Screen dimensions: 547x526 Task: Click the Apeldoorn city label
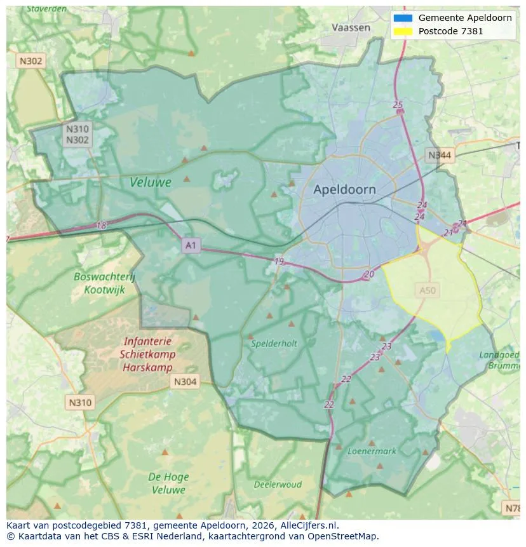click(x=344, y=189)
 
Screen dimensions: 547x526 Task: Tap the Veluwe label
click(x=151, y=182)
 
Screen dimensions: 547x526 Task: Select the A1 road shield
click(x=191, y=245)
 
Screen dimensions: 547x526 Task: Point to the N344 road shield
click(x=440, y=155)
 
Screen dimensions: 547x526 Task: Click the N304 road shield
click(x=185, y=382)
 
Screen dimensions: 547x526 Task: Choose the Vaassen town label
click(x=351, y=28)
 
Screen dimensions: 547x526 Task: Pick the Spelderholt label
click(x=274, y=343)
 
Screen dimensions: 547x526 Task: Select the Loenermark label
click(x=372, y=451)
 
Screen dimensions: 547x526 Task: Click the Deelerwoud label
click(x=278, y=484)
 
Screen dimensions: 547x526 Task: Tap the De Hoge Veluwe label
click(x=168, y=483)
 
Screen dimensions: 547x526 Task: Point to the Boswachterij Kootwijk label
click(x=104, y=283)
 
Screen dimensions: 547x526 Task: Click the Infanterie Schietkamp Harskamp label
click(x=147, y=355)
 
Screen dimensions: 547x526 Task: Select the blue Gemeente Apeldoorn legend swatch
click(x=403, y=18)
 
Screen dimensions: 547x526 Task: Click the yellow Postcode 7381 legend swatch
click(x=403, y=31)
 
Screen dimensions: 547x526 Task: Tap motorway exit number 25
click(x=398, y=105)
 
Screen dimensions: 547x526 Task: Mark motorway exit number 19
click(x=279, y=261)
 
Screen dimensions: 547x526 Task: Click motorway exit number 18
click(x=101, y=226)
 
